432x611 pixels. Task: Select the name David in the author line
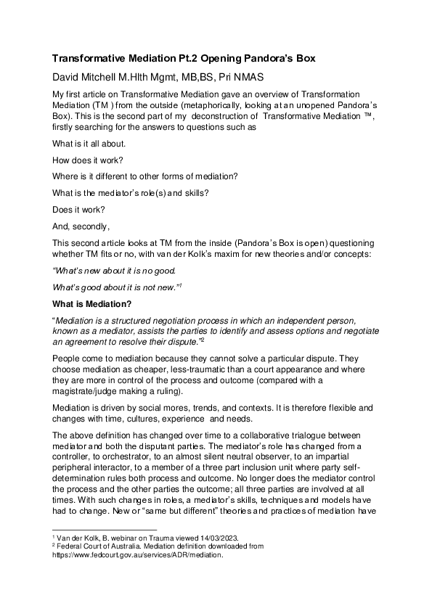(x=68, y=76)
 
